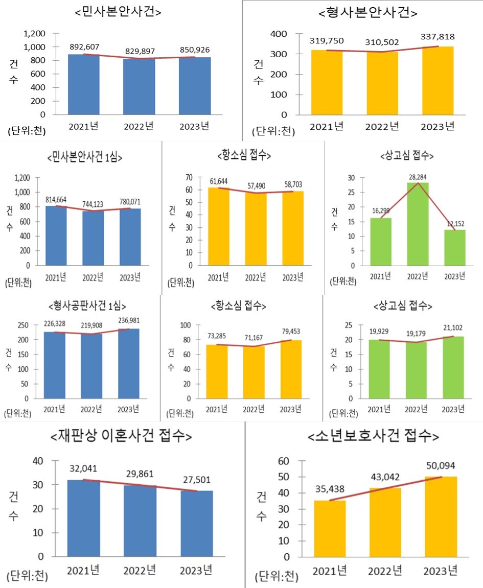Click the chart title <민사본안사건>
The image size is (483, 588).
pos(118,12)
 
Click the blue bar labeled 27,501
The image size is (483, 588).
pos(197,523)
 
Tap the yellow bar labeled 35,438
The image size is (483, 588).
pos(330,528)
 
